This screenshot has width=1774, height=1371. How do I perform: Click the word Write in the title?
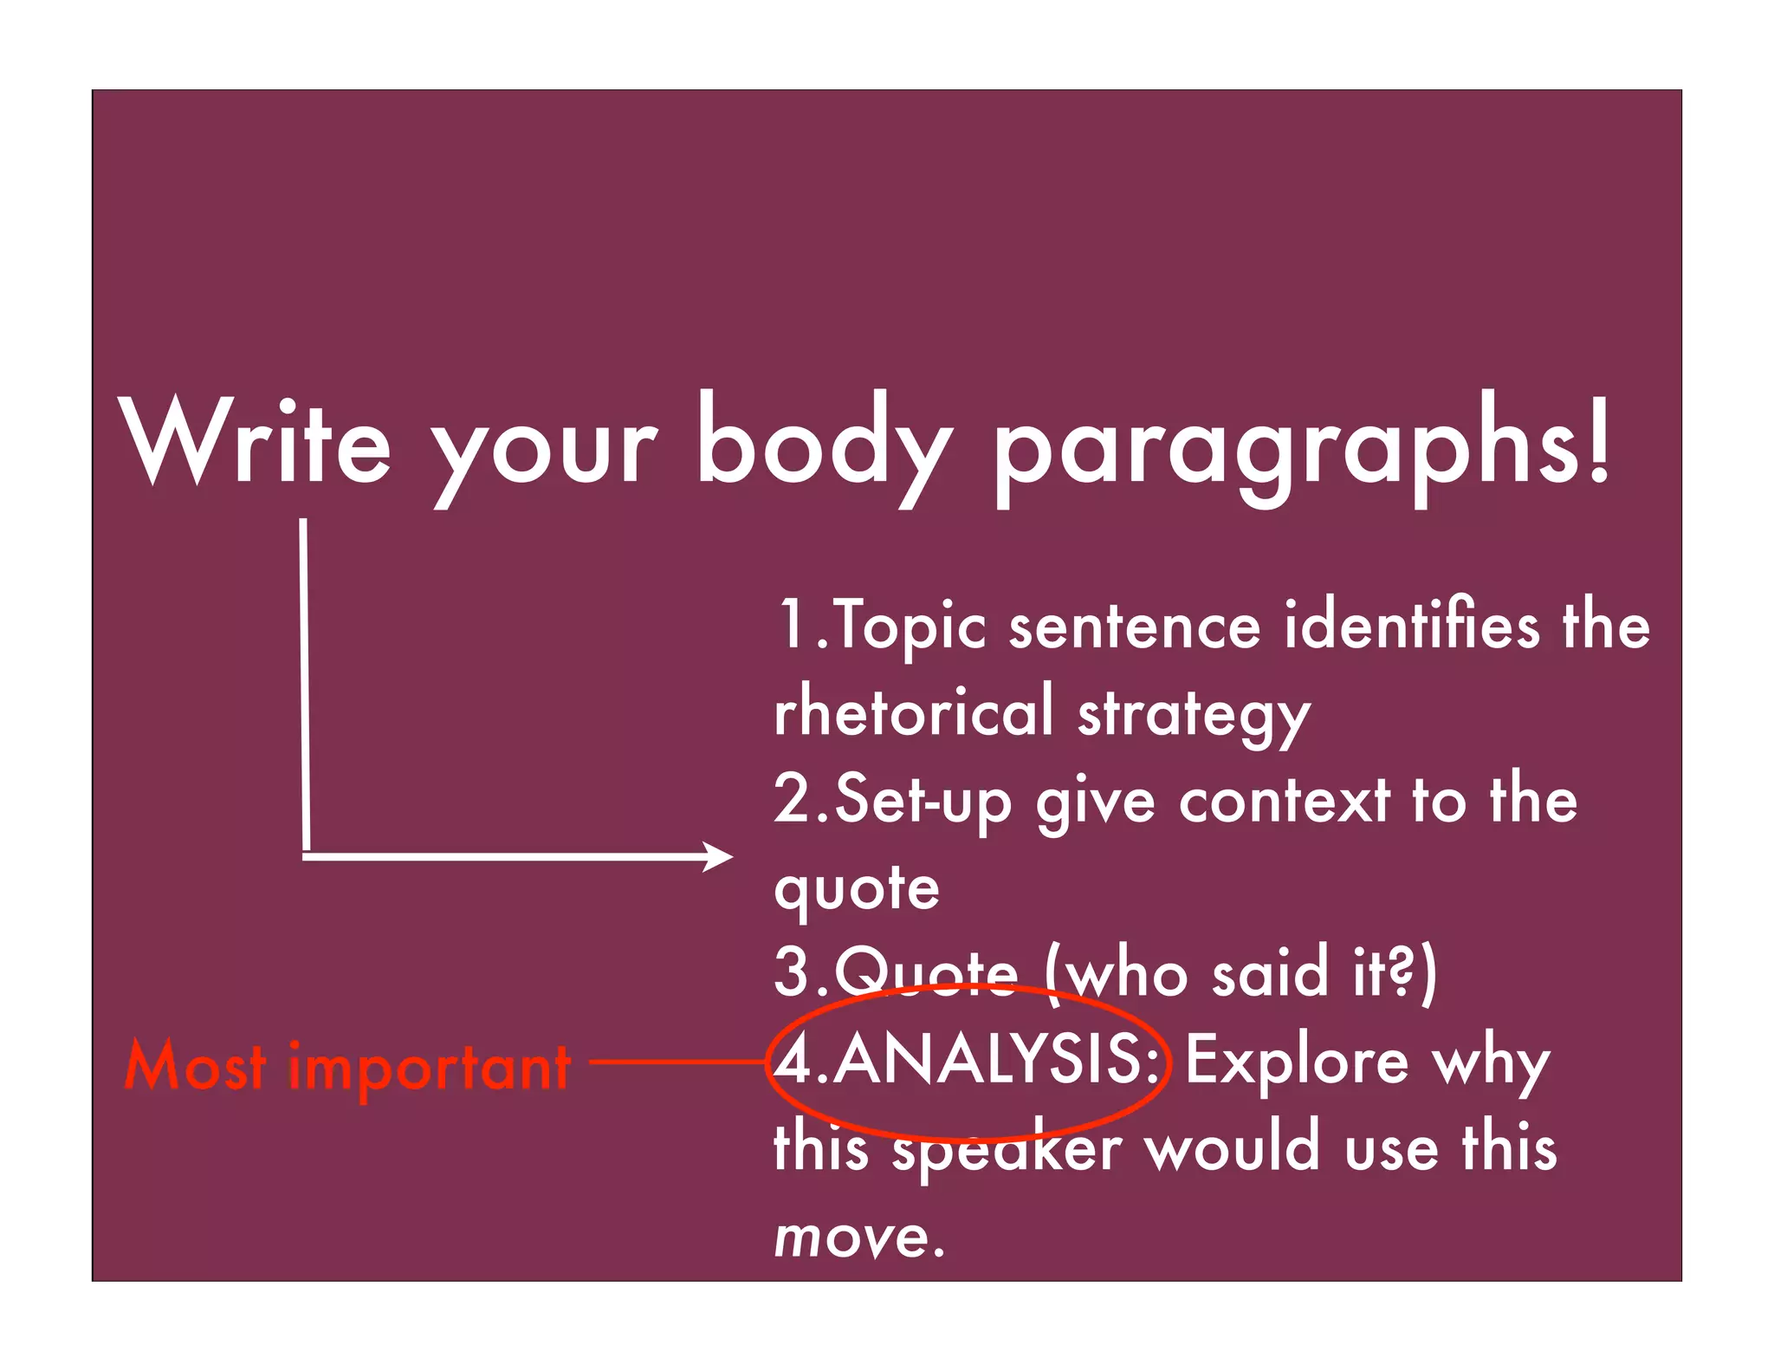[255, 442]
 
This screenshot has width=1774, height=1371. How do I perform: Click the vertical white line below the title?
[305, 685]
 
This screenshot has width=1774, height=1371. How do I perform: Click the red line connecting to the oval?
[676, 1060]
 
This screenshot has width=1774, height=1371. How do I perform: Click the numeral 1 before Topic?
[792, 624]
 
